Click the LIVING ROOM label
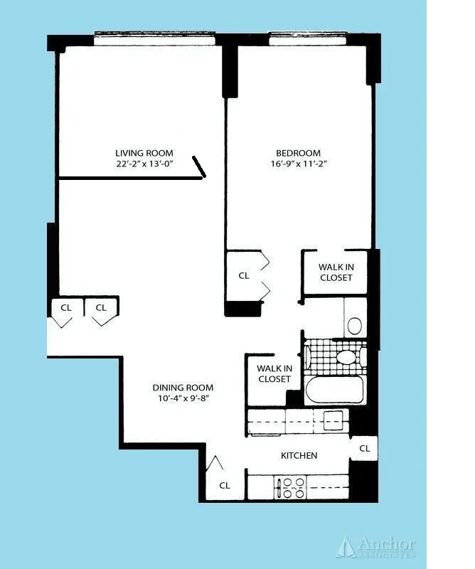144,153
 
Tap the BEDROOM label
298,153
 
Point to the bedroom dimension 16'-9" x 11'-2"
298,164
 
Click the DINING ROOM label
183,388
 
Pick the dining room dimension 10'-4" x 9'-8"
183,398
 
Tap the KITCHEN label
299,455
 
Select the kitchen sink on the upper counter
332,420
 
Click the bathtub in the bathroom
334,389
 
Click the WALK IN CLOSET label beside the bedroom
336,272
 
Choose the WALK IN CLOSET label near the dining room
274,373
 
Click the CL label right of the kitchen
364,448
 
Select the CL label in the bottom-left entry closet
224,485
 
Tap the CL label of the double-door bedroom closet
244,275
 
